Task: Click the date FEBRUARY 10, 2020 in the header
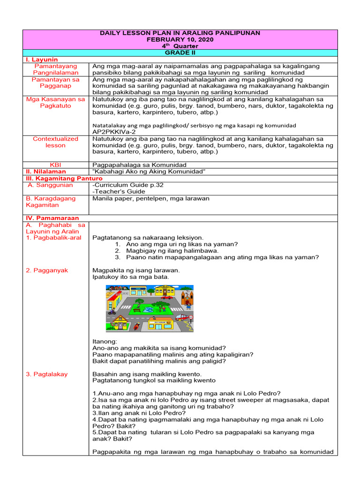click(180, 39)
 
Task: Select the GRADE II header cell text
click(180, 53)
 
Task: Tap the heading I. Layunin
click(42, 60)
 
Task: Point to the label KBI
click(56, 165)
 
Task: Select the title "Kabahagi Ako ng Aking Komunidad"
click(150, 172)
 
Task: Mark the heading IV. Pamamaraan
click(52, 218)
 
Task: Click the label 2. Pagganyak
click(47, 270)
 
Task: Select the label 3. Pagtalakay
click(47, 374)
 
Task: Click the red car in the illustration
click(167, 297)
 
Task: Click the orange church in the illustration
click(187, 295)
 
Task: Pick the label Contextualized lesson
click(56, 142)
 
